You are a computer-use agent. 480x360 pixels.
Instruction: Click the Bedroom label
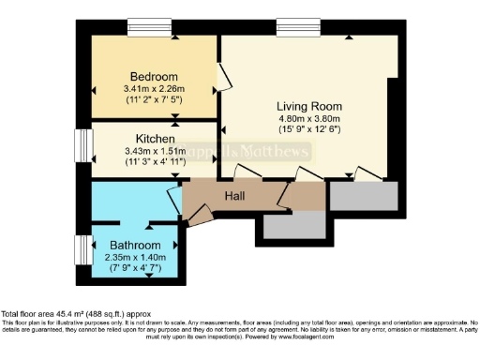(155, 77)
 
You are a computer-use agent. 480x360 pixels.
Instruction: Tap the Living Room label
(305, 106)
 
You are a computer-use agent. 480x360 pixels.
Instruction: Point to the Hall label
(235, 195)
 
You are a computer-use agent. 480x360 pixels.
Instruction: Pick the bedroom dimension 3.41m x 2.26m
(155, 89)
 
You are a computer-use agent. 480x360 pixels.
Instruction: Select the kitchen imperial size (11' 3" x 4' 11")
(156, 161)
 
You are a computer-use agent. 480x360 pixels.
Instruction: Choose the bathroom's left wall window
(82, 249)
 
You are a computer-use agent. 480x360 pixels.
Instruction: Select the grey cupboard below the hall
(292, 224)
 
